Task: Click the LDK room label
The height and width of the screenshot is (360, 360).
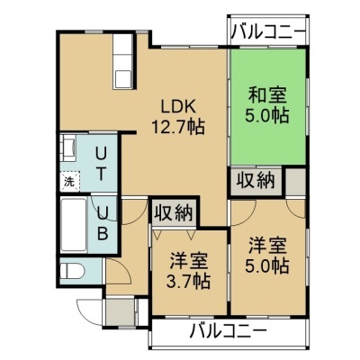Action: point(178,106)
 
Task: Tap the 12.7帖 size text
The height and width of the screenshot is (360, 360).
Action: point(178,126)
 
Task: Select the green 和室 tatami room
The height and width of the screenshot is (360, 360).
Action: point(268,106)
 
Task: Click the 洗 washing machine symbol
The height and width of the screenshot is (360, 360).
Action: point(70,181)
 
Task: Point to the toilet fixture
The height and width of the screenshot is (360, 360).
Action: point(72,271)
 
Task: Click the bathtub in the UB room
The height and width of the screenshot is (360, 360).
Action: point(74,225)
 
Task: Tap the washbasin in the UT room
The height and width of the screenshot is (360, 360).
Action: point(68,148)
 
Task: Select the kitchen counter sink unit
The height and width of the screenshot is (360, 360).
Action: point(122,61)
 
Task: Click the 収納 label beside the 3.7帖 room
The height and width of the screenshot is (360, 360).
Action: point(174,212)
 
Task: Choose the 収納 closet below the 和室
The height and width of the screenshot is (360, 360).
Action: point(256,181)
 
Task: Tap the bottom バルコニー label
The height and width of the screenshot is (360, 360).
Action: point(229,331)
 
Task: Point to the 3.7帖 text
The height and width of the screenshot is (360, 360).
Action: point(189,281)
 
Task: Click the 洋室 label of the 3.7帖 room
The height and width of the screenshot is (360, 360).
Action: point(189,261)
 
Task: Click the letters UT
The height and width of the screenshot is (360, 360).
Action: point(101,164)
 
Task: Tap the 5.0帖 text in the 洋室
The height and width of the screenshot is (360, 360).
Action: point(267,265)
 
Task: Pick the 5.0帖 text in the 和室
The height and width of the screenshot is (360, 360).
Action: point(267,115)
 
